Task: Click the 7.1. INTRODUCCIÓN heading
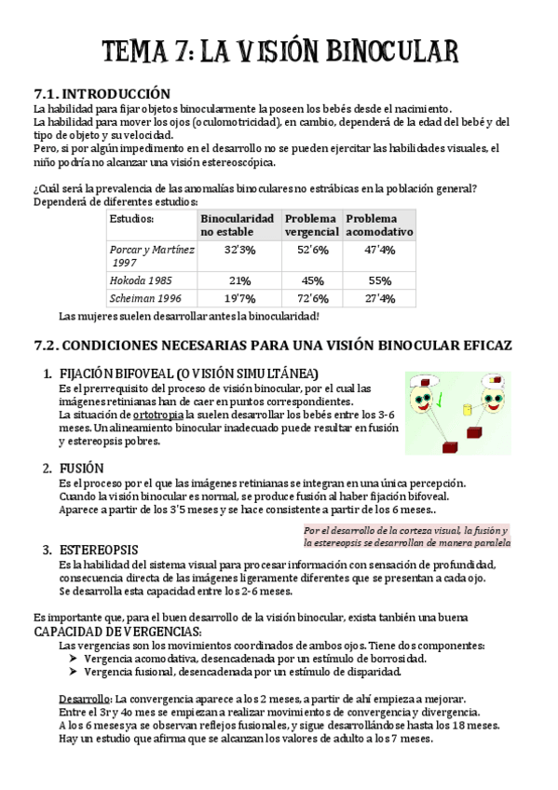(102, 93)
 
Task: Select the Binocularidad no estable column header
(238, 225)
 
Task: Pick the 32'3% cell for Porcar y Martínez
(239, 250)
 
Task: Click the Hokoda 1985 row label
(142, 280)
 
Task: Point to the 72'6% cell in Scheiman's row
(312, 299)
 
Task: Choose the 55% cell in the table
(379, 280)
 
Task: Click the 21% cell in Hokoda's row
(239, 280)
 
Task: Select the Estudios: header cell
(132, 218)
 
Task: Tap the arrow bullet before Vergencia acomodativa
(73, 658)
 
